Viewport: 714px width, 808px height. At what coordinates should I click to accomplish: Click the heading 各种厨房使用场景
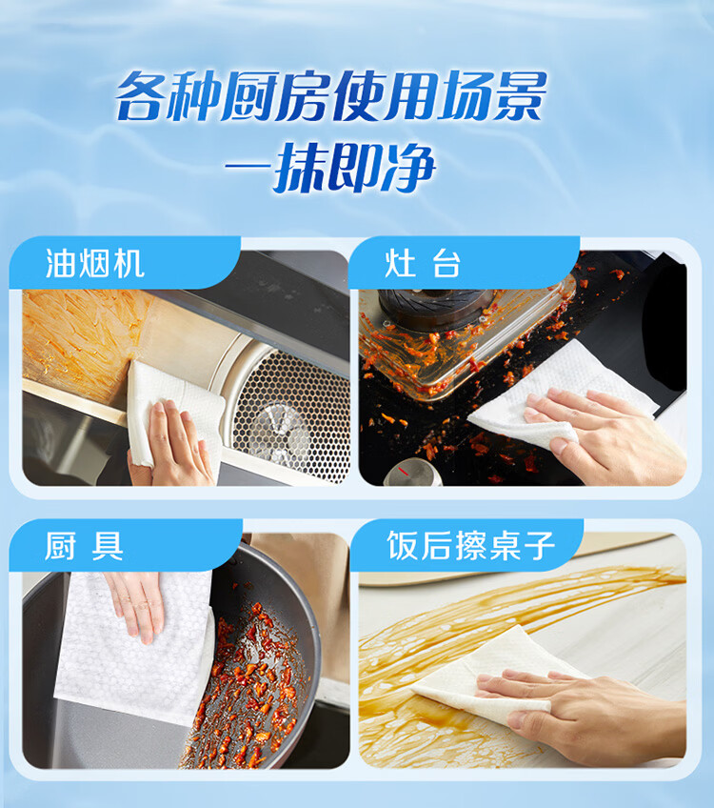330,96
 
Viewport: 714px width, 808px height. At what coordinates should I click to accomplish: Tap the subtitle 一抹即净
330,168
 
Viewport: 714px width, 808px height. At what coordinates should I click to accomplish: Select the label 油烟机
94,263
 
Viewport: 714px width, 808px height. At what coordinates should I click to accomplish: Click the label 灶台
423,263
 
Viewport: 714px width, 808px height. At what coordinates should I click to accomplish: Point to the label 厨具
84,546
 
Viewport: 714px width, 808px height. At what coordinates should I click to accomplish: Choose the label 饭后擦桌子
470,546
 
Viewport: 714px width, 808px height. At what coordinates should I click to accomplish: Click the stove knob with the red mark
413,474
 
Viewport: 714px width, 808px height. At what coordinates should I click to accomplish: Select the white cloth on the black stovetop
561,396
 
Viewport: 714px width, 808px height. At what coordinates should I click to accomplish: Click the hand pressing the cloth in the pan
135,606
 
